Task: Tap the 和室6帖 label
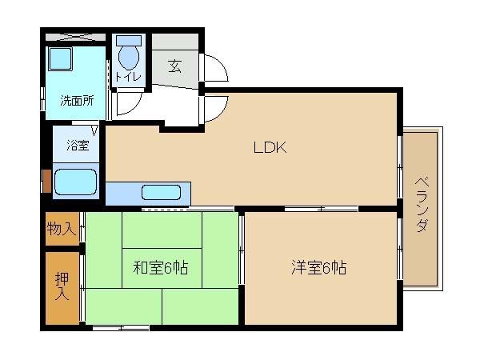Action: (160, 267)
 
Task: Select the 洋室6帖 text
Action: (318, 267)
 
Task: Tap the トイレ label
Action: (128, 77)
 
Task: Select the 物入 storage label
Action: (61, 230)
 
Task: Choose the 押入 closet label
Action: (61, 286)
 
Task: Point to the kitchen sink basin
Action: (161, 192)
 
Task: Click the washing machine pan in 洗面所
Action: (60, 61)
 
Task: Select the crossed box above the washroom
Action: (74, 37)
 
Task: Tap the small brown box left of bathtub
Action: (46, 182)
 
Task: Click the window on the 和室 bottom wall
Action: (120, 327)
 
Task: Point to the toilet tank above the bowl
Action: (129, 39)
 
